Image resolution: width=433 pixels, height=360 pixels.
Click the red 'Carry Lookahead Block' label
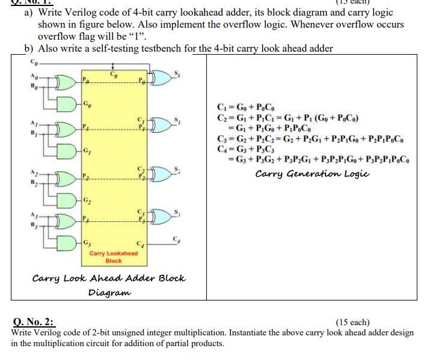point(114,257)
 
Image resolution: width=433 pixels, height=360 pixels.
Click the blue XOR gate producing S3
point(163,215)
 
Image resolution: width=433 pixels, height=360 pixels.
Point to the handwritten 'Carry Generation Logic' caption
point(312,174)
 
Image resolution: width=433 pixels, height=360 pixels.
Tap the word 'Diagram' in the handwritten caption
point(110,293)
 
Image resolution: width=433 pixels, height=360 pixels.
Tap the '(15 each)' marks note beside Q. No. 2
point(352,322)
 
